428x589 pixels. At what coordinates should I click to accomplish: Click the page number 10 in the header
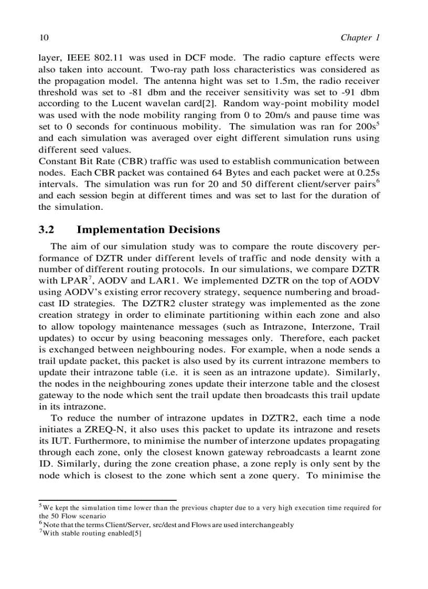point(44,37)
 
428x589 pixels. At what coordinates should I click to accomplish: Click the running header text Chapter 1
point(360,37)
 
